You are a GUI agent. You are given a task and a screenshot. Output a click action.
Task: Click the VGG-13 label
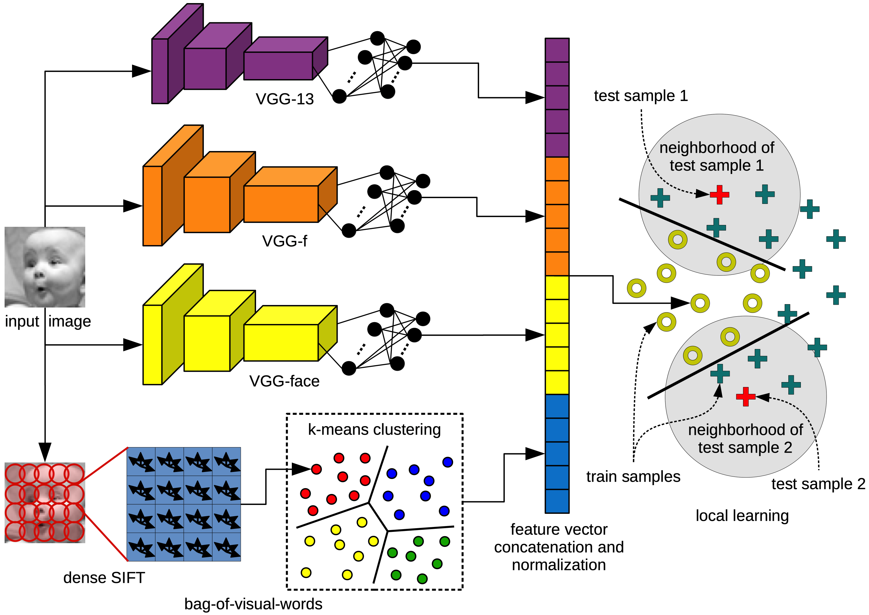tap(284, 99)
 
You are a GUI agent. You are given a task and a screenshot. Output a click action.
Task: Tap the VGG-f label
tap(284, 241)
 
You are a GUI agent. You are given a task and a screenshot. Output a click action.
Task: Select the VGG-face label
tap(284, 381)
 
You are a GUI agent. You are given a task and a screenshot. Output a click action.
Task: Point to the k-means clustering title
tap(374, 429)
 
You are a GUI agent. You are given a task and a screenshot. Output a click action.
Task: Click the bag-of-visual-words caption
tap(253, 604)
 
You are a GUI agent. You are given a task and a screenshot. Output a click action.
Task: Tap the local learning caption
tap(742, 515)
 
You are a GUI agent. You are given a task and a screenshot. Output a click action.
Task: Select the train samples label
tap(633, 477)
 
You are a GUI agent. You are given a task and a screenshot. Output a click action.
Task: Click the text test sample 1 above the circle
tap(641, 96)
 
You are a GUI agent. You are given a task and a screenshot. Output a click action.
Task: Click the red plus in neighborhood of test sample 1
tap(719, 195)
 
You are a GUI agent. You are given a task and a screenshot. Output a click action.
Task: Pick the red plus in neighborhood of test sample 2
tap(746, 396)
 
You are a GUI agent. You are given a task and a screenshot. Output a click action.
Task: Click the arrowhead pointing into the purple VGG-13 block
tap(141, 71)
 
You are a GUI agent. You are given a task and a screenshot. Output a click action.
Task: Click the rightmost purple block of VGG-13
tap(278, 66)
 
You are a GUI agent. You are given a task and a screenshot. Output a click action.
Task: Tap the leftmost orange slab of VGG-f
tap(152, 206)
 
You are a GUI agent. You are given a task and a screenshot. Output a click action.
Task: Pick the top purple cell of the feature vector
tap(557, 50)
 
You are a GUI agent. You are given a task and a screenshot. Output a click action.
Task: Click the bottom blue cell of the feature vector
tap(557, 501)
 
